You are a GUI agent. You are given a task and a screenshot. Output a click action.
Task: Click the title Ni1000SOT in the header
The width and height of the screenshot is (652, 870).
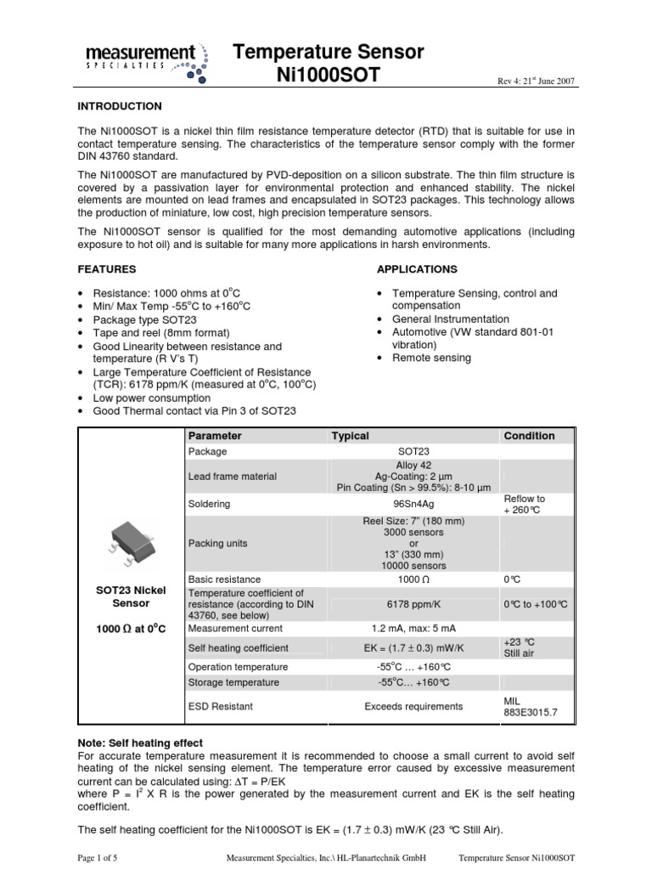(x=329, y=76)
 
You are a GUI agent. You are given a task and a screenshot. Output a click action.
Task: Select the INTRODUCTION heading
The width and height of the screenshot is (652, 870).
(x=119, y=106)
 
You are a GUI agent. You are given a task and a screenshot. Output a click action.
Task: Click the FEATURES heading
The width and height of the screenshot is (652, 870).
(x=107, y=268)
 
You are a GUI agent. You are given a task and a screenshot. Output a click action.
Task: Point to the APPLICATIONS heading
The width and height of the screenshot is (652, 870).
(x=416, y=268)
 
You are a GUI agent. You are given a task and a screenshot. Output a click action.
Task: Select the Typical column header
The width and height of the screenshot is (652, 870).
(x=350, y=436)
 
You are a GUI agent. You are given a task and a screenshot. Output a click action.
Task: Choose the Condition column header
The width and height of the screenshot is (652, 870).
(x=529, y=436)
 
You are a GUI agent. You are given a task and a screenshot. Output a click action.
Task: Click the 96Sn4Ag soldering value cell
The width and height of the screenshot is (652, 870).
(x=415, y=504)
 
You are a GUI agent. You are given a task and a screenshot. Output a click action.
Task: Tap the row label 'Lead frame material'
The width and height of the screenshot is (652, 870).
(x=232, y=477)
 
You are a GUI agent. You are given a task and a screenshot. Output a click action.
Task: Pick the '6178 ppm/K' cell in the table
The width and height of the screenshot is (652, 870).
(x=415, y=604)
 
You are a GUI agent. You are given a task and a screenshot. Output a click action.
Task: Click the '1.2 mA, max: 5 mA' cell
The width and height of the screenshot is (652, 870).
(x=415, y=629)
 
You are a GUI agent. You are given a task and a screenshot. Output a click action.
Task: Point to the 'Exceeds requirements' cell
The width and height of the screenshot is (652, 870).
(x=414, y=706)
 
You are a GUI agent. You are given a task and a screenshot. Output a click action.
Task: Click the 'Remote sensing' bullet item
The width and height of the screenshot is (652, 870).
(x=431, y=358)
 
